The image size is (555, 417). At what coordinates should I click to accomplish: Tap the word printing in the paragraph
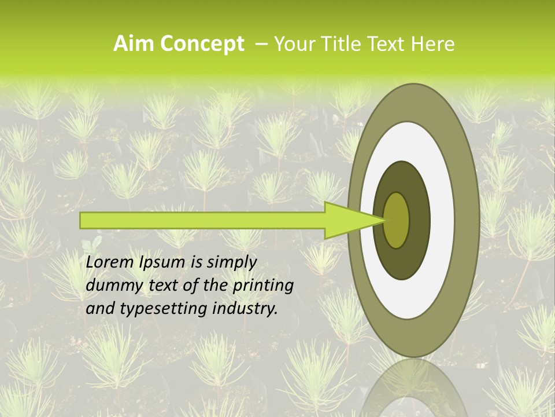click(263, 286)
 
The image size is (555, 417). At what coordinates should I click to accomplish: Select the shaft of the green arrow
click(202, 220)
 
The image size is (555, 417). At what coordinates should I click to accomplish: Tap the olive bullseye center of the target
click(397, 220)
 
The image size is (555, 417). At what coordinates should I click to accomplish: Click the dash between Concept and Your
click(261, 44)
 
